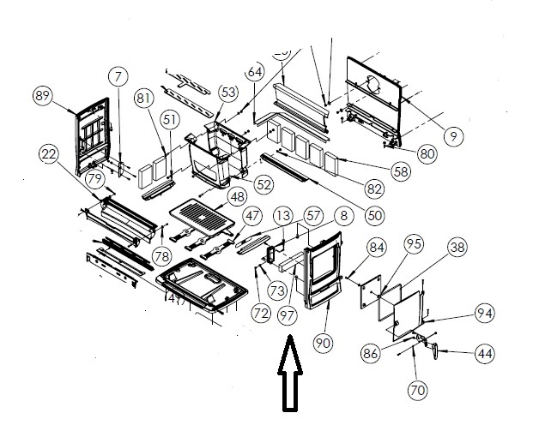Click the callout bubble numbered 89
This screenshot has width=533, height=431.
click(x=43, y=96)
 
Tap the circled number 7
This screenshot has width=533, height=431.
click(x=118, y=78)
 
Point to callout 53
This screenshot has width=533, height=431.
click(x=227, y=92)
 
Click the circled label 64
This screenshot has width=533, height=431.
click(x=255, y=72)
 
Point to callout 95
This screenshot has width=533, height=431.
click(x=415, y=244)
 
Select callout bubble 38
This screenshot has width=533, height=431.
click(x=457, y=248)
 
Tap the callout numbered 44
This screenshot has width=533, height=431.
click(x=485, y=353)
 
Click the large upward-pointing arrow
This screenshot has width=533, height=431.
click(x=288, y=376)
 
